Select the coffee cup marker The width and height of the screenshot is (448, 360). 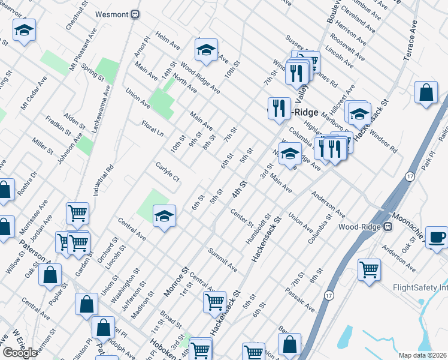(x=436, y=236)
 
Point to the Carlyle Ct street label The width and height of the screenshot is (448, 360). (x=168, y=170)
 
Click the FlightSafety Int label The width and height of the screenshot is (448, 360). (x=420, y=287)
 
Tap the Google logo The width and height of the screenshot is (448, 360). (x=20, y=352)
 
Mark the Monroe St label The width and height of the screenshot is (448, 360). (x=177, y=282)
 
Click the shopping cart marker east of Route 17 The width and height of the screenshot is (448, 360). (x=369, y=269)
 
